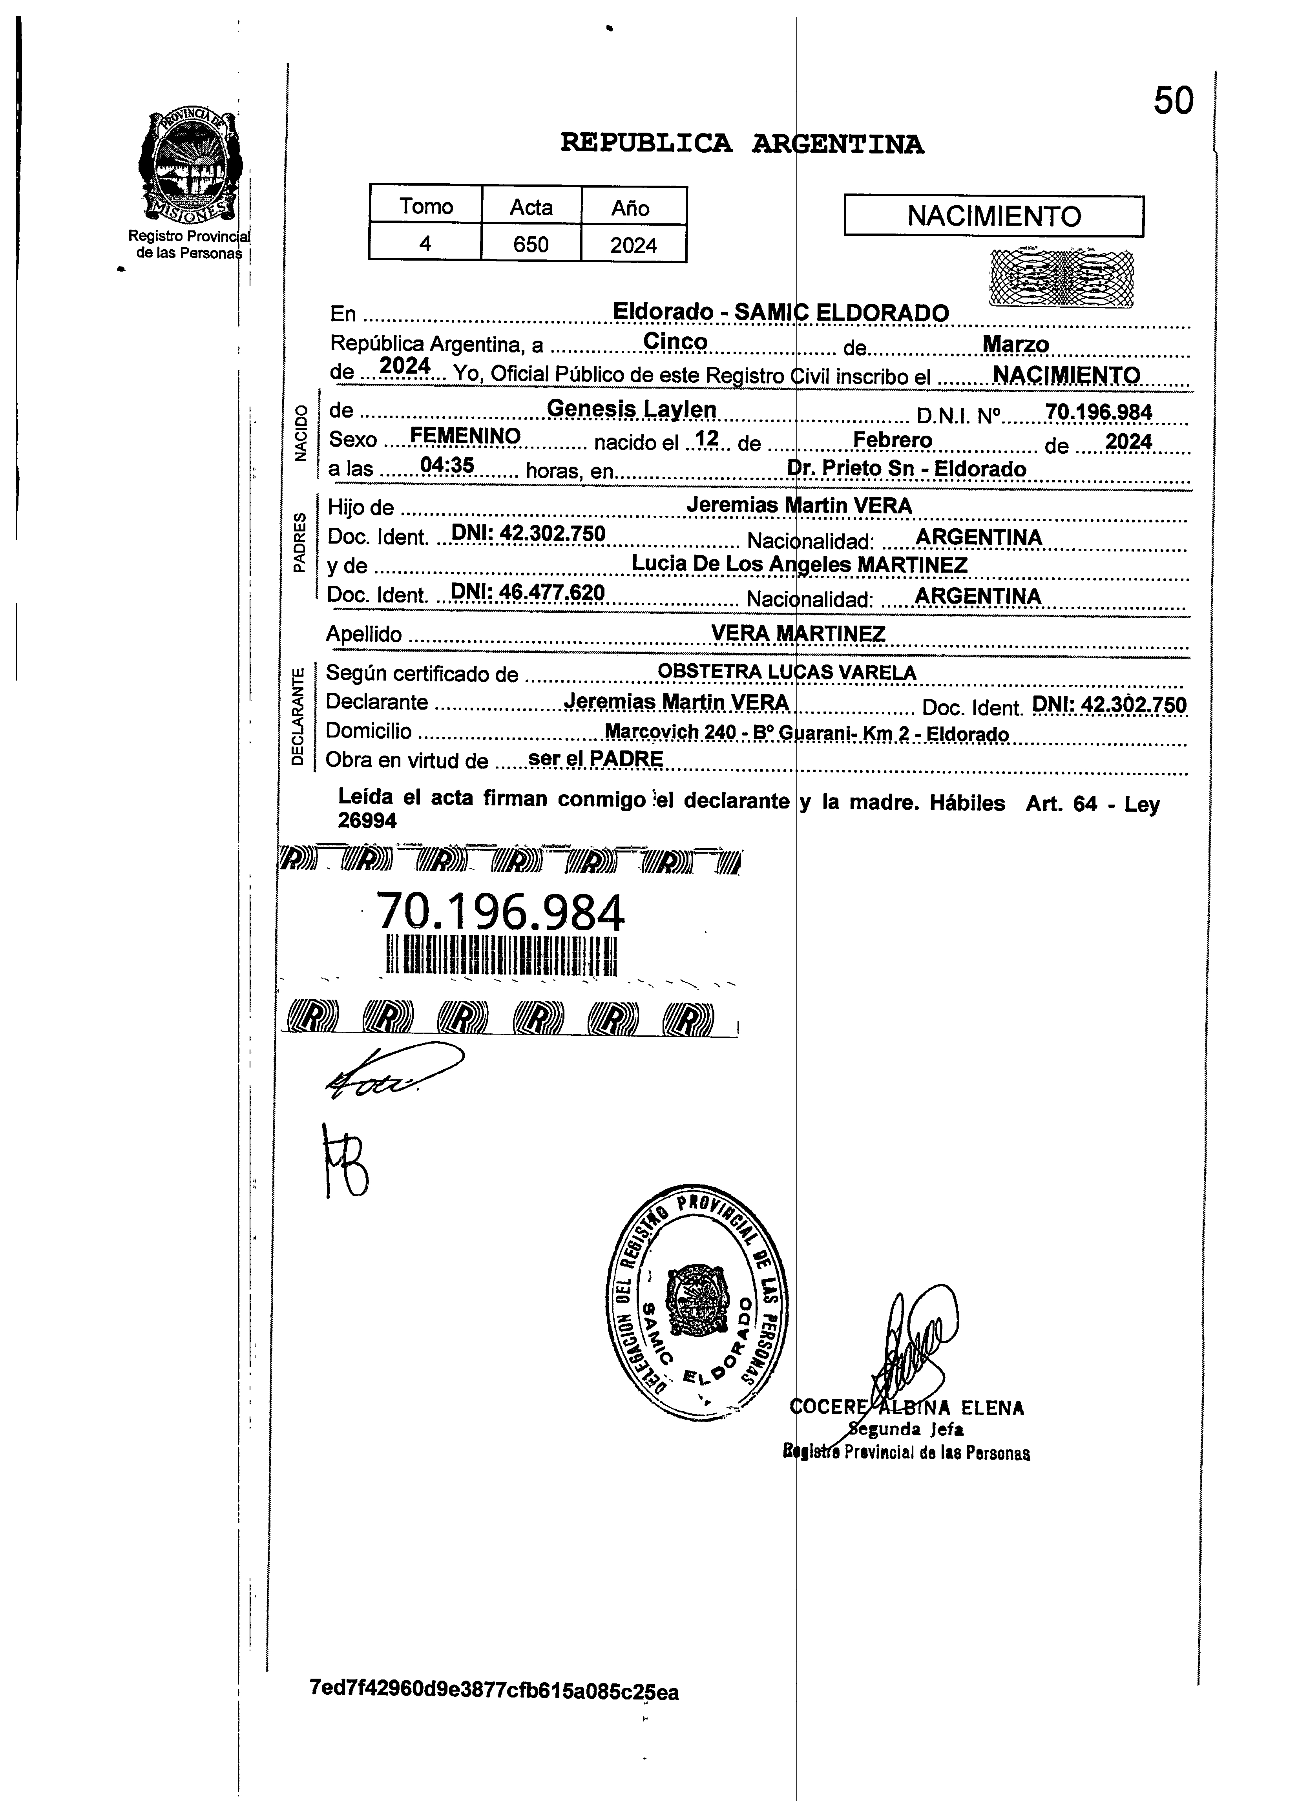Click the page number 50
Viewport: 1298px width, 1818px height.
(x=1172, y=102)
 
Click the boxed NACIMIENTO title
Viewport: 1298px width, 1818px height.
(x=993, y=216)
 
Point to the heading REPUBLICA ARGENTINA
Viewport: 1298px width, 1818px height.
(x=742, y=144)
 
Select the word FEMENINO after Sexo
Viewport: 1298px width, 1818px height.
(x=464, y=436)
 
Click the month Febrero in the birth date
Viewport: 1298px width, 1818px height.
(x=892, y=440)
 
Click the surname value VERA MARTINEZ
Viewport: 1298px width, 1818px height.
(x=798, y=634)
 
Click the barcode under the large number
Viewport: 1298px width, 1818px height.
(x=502, y=956)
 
